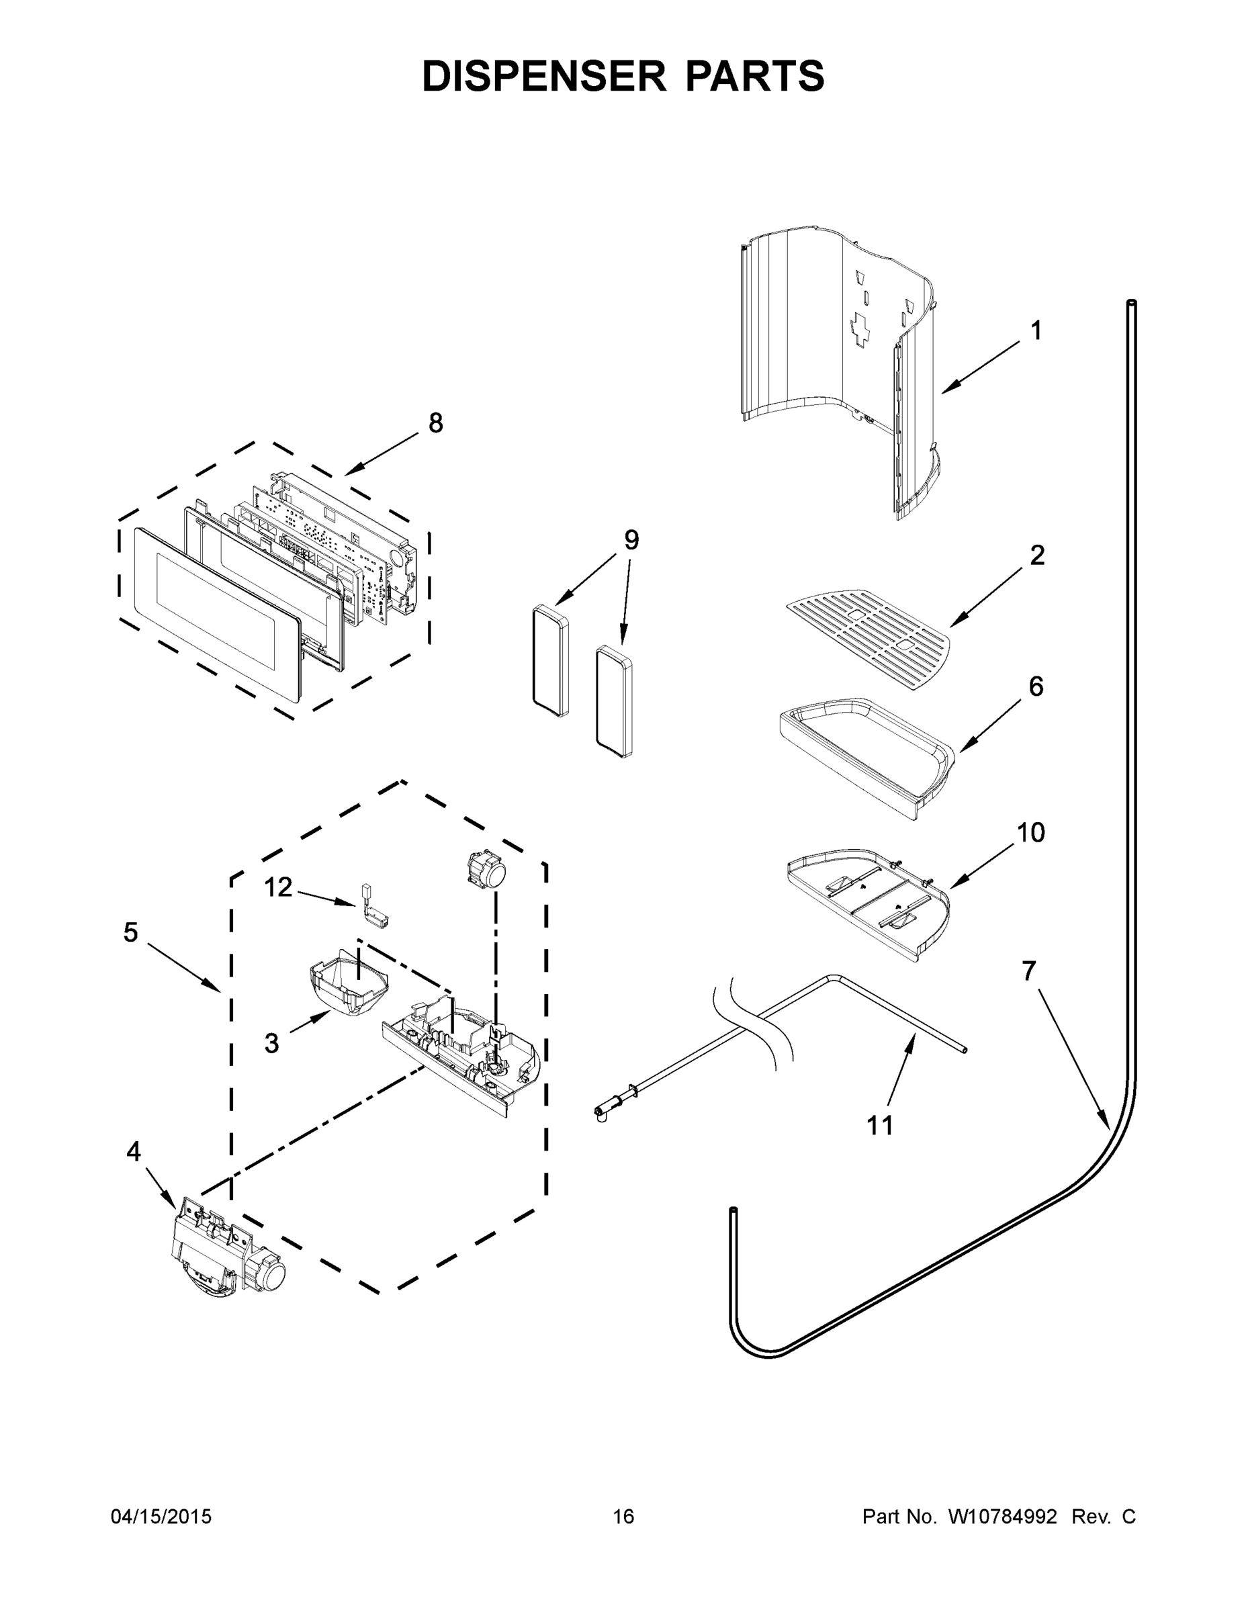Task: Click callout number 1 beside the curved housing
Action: [x=1036, y=330]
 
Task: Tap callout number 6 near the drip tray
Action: [x=1036, y=686]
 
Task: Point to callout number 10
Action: [x=1030, y=833]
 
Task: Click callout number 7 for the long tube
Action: [x=1029, y=971]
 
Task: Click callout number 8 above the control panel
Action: [x=435, y=423]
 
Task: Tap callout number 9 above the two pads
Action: [x=631, y=539]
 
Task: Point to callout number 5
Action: [x=131, y=932]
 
